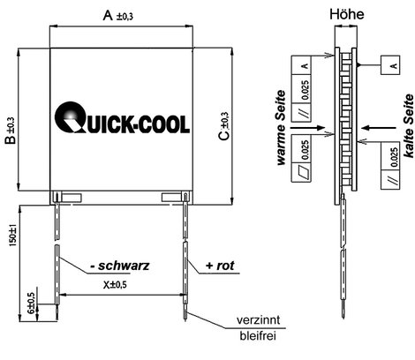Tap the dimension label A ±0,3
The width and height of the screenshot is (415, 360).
(x=117, y=16)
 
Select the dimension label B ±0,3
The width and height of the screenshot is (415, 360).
(x=10, y=131)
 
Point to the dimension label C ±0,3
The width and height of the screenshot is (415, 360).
(x=224, y=126)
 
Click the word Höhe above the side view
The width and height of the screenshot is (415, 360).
(x=347, y=14)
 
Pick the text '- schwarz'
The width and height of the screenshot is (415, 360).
(x=120, y=266)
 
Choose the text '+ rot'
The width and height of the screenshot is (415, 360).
(x=220, y=266)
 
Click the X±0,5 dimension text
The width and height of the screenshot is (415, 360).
(x=115, y=284)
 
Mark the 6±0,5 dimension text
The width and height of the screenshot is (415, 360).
(x=32, y=304)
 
